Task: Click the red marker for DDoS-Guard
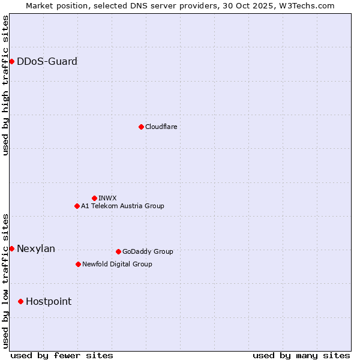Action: point(11,61)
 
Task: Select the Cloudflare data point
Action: point(141,127)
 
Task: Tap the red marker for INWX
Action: point(94,198)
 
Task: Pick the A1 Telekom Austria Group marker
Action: point(77,206)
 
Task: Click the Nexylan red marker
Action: point(11,248)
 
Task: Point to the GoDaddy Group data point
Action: point(118,251)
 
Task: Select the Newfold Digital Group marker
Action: point(78,264)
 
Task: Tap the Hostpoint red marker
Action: point(20,301)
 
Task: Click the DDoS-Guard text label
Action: point(47,61)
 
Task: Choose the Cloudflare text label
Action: point(161,127)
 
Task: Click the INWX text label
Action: point(107,198)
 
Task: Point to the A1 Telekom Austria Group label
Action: point(122,206)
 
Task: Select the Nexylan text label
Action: point(36,248)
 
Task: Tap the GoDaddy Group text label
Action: point(148,251)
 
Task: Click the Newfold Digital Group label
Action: point(117,264)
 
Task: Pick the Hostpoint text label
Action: point(49,301)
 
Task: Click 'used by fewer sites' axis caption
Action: point(62,355)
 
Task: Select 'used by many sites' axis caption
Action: point(301,355)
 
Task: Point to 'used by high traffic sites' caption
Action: point(5,85)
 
